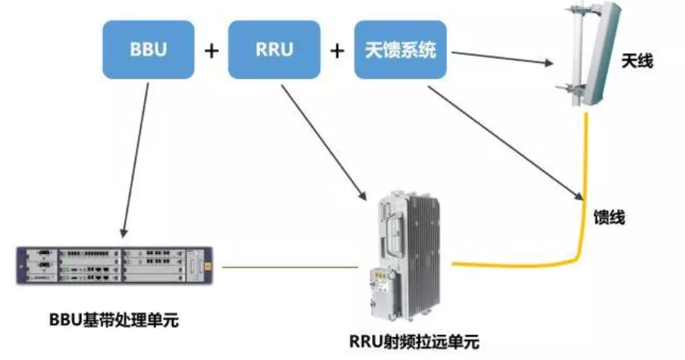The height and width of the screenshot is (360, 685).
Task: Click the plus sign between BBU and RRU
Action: (x=211, y=52)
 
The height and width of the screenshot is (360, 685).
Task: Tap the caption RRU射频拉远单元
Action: (x=414, y=341)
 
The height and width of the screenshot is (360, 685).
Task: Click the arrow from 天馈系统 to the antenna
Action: (x=500, y=58)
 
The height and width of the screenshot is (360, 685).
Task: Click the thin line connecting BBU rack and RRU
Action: (x=288, y=267)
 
